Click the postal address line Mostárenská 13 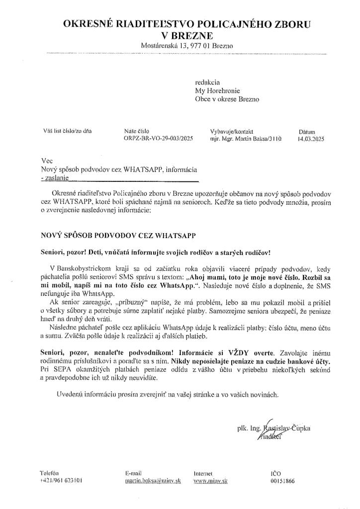[x=187, y=46]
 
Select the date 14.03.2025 [x=311, y=140]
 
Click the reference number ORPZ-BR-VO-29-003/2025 [x=158, y=140]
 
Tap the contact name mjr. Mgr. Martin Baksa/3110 [x=246, y=140]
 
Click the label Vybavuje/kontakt [x=230, y=132]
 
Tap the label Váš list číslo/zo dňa [x=68, y=132]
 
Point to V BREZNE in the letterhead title [x=187, y=35]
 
